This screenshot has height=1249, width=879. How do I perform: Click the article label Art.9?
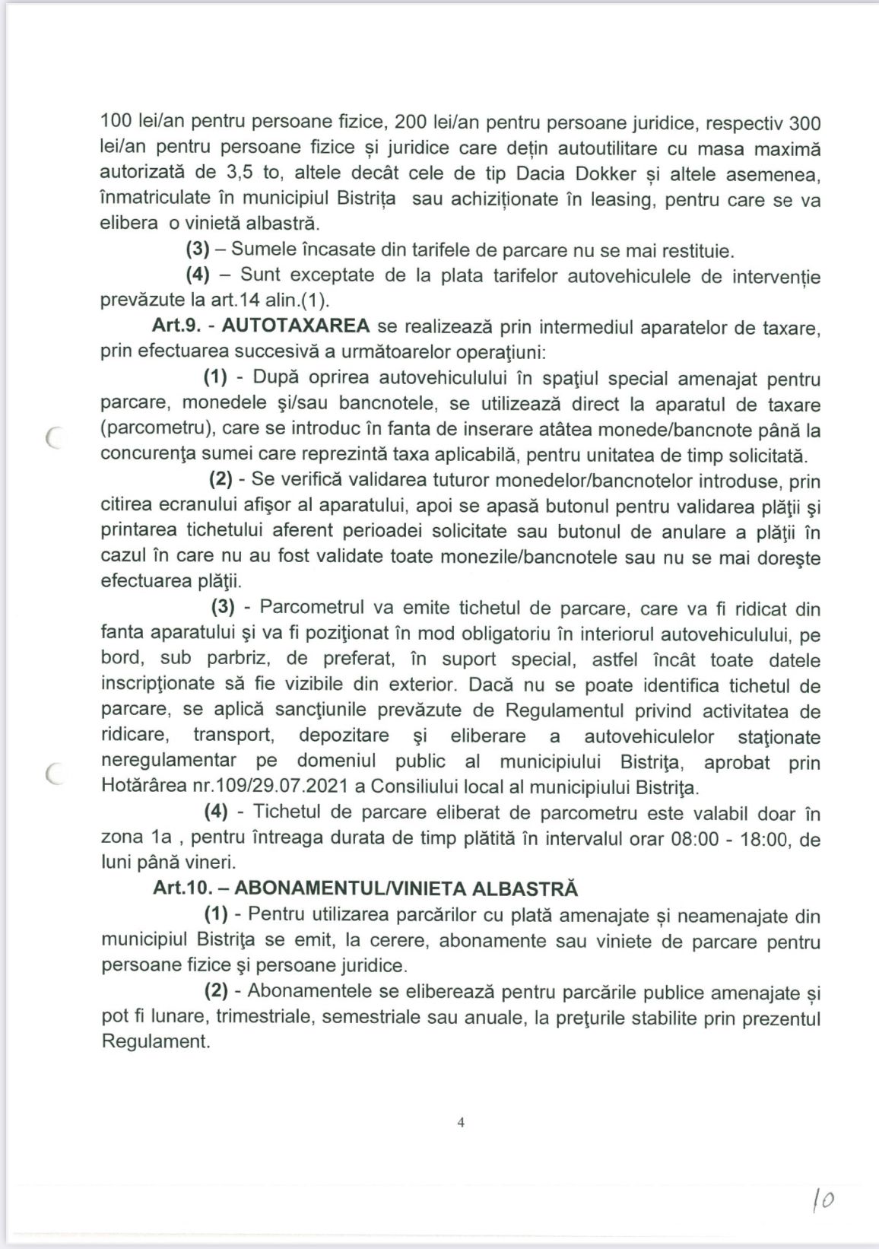(x=176, y=326)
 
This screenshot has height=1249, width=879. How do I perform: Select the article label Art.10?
(x=182, y=888)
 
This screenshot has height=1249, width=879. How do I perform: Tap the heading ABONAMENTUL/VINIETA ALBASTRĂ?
(x=406, y=888)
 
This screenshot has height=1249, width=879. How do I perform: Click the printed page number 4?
(x=461, y=1123)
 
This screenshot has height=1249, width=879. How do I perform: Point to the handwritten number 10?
(x=823, y=1200)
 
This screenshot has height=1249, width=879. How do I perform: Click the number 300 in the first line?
(x=804, y=122)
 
